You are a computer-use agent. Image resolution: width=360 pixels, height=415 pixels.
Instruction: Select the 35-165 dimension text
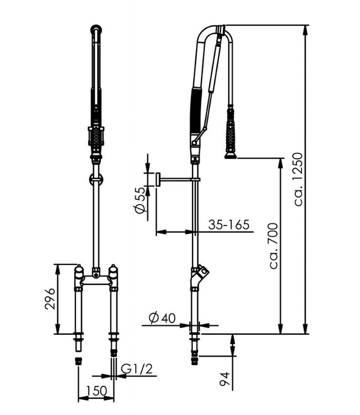pyautogui.click(x=229, y=225)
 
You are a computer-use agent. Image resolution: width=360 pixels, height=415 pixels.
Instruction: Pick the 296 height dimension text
pyautogui.click(x=49, y=299)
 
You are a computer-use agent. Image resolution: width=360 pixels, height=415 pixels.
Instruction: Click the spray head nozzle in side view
pyautogui.click(x=229, y=156)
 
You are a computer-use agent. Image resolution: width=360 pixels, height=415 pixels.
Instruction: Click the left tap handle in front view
pyautogui.click(x=79, y=272)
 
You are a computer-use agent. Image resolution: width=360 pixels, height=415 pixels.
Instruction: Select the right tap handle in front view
pyautogui.click(x=114, y=272)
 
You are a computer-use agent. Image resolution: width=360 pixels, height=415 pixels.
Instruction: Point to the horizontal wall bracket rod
pyautogui.click(x=176, y=179)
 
